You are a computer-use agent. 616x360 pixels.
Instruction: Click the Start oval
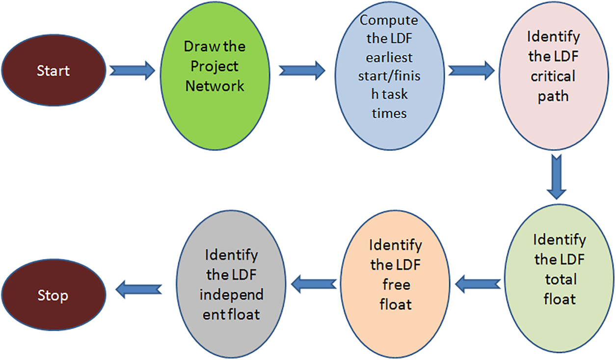tap(53, 71)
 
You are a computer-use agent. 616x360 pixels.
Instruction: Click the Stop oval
tap(53, 296)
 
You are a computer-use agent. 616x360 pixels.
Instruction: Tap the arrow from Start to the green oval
tap(132, 71)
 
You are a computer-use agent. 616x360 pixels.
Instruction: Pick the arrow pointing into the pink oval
tap(471, 70)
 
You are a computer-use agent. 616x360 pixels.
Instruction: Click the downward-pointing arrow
tap(556, 177)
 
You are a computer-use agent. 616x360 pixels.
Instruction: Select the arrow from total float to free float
tap(479, 282)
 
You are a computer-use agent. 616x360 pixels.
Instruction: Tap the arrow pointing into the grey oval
tap(314, 282)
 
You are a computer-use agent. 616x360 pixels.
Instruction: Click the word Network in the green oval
tap(214, 86)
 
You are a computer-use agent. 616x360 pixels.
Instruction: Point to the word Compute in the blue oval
tap(389, 21)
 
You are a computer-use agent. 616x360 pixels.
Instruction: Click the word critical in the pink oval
tap(553, 77)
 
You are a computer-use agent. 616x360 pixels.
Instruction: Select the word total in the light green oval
tap(560, 279)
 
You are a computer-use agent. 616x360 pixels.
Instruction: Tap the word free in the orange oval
tap(396, 285)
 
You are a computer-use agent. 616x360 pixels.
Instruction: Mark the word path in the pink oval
tap(553, 96)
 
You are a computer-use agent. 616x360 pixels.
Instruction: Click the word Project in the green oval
tap(214, 66)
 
